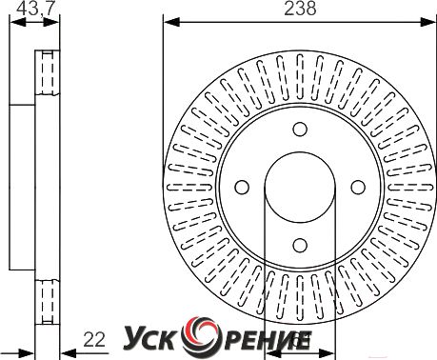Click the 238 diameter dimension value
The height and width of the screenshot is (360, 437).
(x=300, y=9)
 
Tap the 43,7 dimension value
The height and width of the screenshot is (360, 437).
(x=33, y=9)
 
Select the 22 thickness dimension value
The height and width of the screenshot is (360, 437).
(x=94, y=340)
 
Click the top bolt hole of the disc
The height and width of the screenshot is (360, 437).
(x=300, y=130)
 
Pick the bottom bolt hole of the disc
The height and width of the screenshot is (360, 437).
(x=300, y=245)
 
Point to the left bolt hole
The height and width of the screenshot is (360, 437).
(x=242, y=188)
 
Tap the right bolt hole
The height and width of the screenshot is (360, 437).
(x=358, y=188)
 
